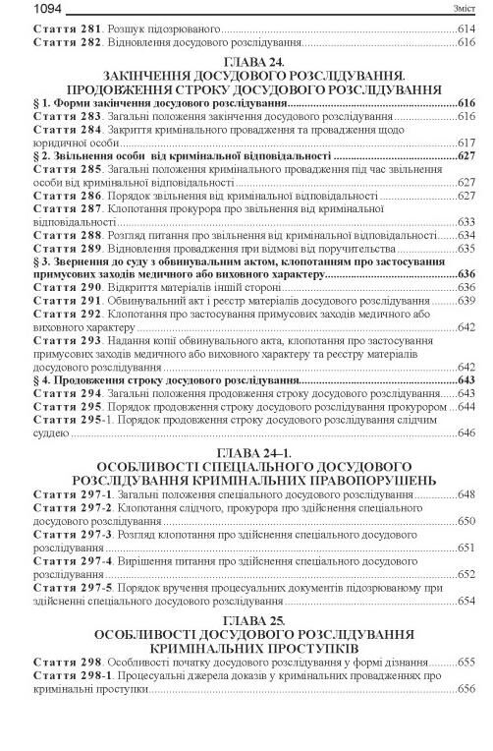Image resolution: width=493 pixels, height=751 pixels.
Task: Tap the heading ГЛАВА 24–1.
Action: (246, 451)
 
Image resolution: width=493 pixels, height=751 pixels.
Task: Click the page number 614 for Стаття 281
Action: (466, 29)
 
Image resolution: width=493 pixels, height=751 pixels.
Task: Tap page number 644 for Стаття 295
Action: (466, 406)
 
